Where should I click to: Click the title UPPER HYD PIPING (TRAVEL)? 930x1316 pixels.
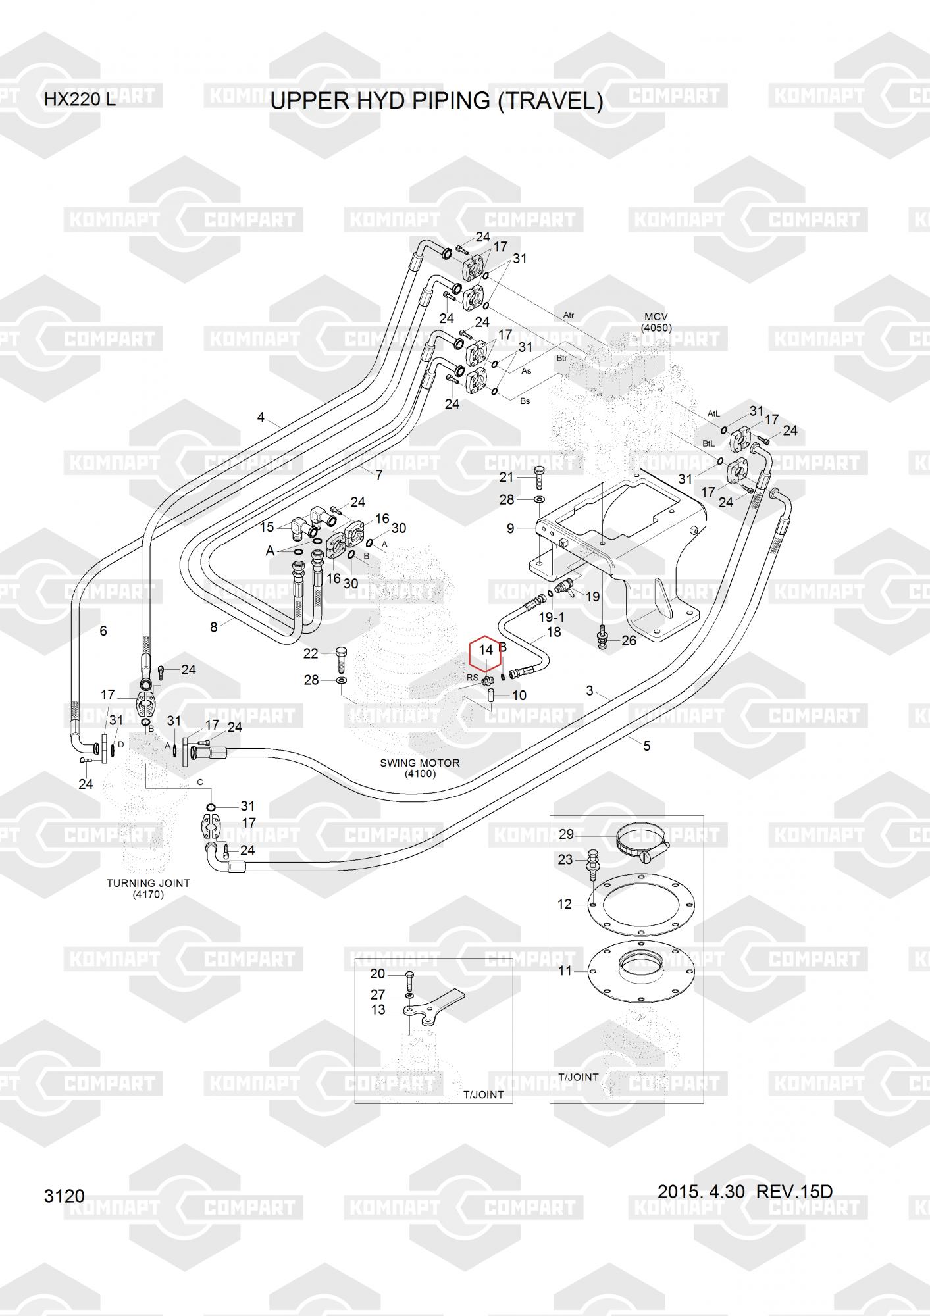(x=436, y=101)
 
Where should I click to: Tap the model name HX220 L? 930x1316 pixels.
(x=80, y=100)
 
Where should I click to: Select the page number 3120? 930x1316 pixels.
(x=65, y=1196)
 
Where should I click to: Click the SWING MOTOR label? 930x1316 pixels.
(x=420, y=763)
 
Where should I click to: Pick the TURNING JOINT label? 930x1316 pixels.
(x=148, y=883)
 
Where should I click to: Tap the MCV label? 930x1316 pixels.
(x=656, y=317)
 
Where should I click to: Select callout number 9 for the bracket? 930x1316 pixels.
(x=511, y=528)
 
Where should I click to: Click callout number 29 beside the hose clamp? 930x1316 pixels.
(x=566, y=834)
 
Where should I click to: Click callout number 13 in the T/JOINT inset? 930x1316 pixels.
(x=378, y=1009)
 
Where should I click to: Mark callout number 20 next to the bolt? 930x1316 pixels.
(x=378, y=974)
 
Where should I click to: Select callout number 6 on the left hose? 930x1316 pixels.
(x=103, y=631)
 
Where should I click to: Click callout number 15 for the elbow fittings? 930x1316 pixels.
(x=267, y=527)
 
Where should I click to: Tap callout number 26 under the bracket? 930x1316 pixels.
(x=629, y=640)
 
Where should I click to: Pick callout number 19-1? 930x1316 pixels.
(x=552, y=617)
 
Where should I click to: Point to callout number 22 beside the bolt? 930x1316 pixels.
(x=311, y=653)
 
